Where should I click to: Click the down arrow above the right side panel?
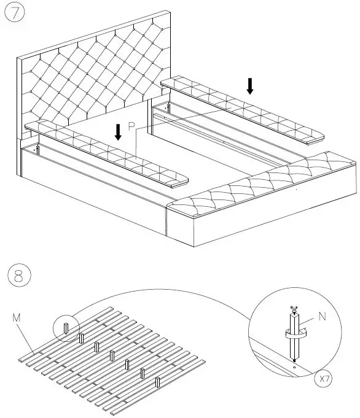tap(249, 86)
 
